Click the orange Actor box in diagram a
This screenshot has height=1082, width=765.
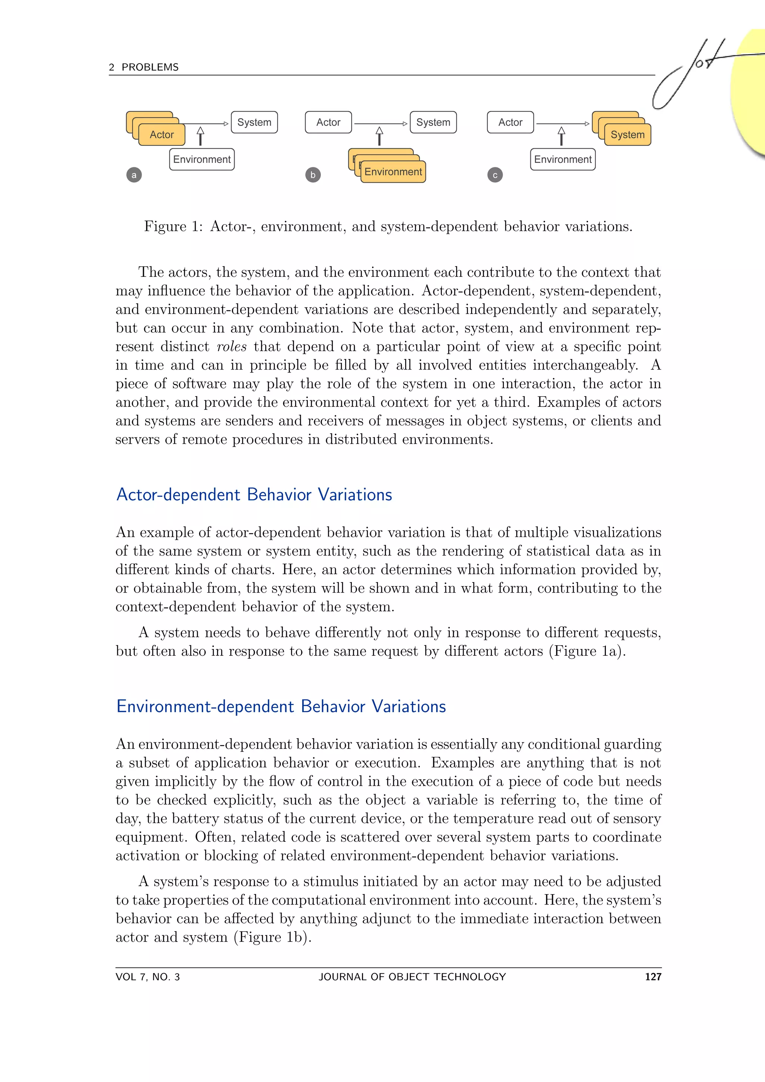(x=162, y=135)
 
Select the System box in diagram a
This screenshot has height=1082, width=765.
(x=254, y=123)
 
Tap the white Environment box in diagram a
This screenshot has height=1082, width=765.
(x=202, y=159)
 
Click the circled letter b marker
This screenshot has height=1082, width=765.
(x=313, y=175)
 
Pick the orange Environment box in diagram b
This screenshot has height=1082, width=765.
(x=393, y=171)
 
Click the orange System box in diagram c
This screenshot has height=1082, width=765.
(x=627, y=135)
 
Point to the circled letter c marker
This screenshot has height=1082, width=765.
(x=495, y=175)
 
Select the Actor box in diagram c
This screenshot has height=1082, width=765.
(x=510, y=123)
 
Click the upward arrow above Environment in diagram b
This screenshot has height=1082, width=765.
(x=379, y=136)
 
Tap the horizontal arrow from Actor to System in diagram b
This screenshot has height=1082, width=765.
(x=381, y=123)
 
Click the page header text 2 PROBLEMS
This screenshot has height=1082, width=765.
(x=144, y=67)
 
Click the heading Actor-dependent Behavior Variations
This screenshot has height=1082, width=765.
(x=254, y=495)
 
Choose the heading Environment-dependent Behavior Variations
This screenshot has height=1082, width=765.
(x=281, y=707)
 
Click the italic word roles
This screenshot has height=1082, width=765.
(x=231, y=347)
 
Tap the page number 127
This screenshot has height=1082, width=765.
(x=653, y=977)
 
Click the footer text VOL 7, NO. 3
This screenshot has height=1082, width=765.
(x=148, y=977)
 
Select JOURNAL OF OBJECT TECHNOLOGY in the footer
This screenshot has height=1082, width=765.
(x=412, y=977)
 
